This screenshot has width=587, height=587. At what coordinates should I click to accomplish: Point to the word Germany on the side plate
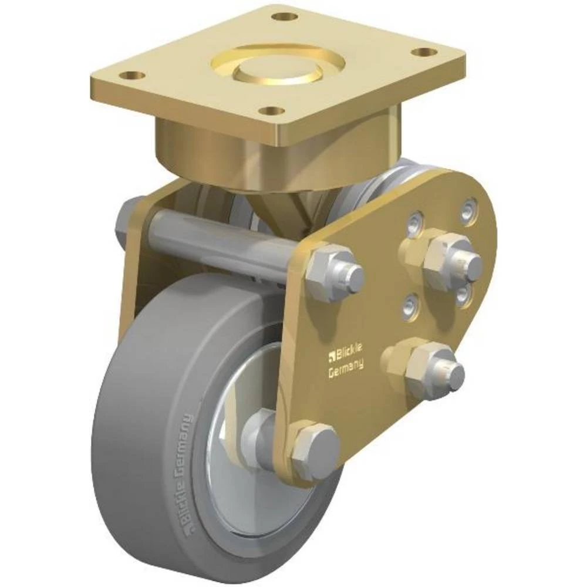coord(345,369)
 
